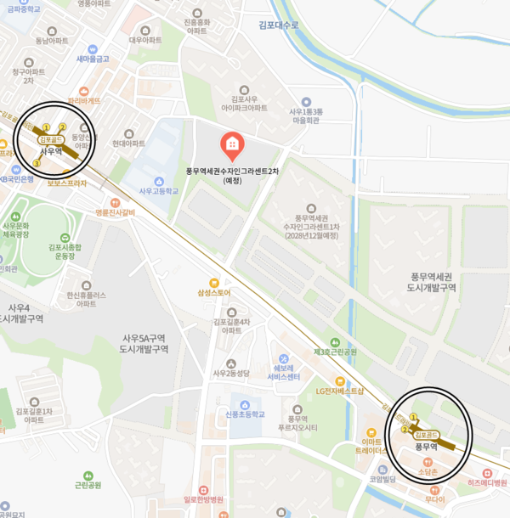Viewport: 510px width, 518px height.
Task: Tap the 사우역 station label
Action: point(52,151)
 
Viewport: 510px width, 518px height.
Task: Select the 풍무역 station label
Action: point(424,446)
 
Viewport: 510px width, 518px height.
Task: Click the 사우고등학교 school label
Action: point(159,191)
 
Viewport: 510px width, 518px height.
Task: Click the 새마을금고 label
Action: point(92,59)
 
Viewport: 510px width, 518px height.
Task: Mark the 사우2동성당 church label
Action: point(231,373)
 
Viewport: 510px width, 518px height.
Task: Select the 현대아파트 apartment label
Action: point(128,144)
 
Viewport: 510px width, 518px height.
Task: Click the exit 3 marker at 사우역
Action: point(36,162)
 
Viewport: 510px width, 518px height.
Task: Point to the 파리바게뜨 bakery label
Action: point(84,100)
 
